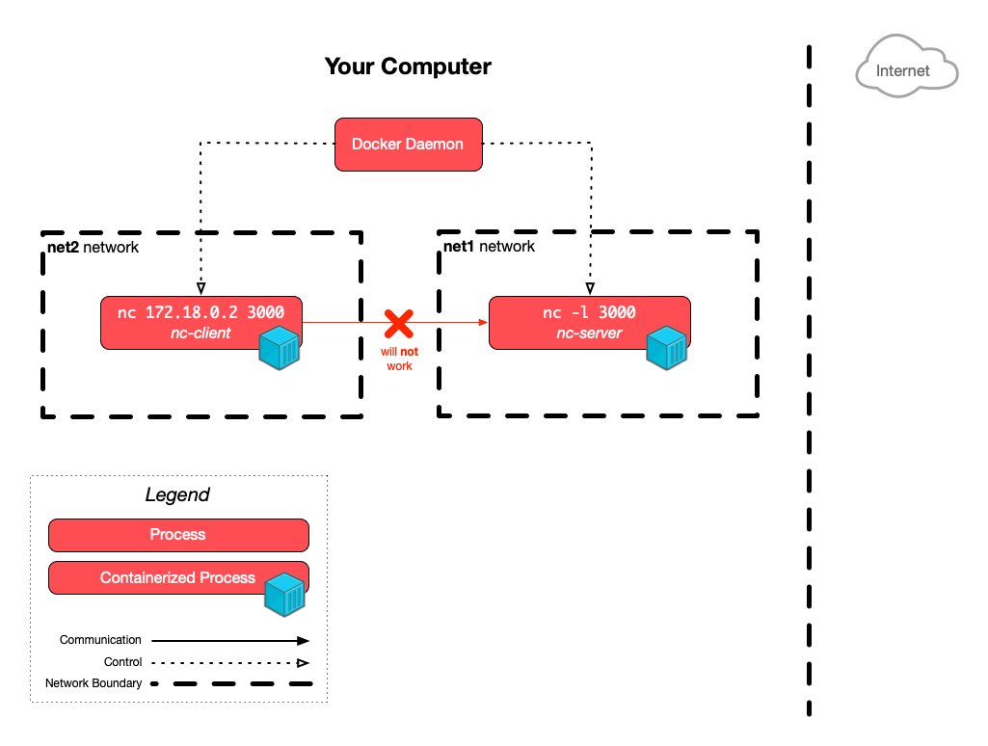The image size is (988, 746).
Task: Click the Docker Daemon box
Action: coord(408,145)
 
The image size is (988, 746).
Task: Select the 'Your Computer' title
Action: coord(408,67)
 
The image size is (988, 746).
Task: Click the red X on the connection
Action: coord(398,324)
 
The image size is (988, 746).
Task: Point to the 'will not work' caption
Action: coord(399,360)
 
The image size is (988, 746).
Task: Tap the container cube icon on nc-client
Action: coord(279,349)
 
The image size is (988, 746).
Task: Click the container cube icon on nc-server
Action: coord(666,348)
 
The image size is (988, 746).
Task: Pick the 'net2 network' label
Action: coord(93,248)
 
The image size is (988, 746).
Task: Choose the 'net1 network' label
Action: coord(489,247)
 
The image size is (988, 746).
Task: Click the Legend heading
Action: coord(177,495)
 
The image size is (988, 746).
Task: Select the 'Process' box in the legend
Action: coord(178,535)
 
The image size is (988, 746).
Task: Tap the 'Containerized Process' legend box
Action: coord(177,578)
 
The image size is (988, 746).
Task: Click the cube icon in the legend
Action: coord(285,595)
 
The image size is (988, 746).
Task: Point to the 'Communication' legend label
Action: coord(100,640)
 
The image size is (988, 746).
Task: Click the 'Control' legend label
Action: coord(122,662)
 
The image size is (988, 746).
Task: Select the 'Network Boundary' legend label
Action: coord(93,683)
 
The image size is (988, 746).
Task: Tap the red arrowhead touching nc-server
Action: coord(482,324)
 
